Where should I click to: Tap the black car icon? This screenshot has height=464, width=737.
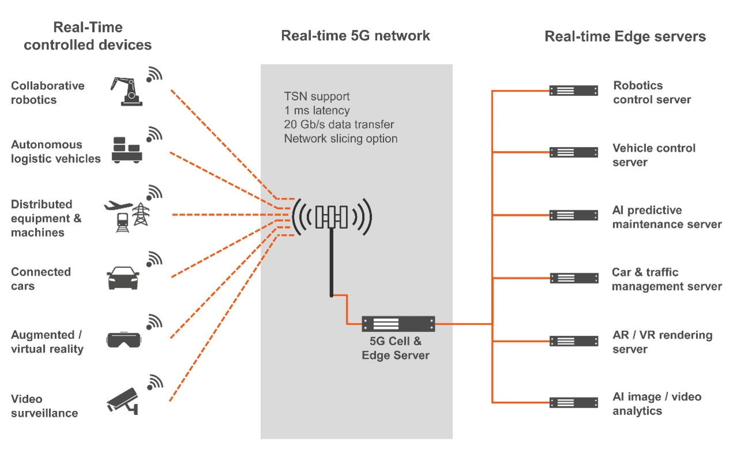click(x=123, y=278)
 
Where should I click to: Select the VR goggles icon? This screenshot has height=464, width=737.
click(x=124, y=340)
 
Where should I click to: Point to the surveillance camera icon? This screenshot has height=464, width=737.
click(x=123, y=400)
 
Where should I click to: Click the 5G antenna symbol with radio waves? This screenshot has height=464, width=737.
click(x=332, y=217)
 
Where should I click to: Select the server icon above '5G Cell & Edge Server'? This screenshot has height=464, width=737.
click(x=398, y=324)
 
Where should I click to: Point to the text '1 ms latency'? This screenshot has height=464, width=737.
click(x=317, y=110)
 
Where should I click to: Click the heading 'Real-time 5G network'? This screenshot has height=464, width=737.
click(x=355, y=36)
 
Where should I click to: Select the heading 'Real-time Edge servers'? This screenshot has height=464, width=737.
click(x=625, y=37)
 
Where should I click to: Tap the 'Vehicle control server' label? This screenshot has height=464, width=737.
click(x=654, y=155)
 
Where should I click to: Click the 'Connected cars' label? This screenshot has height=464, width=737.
click(x=41, y=279)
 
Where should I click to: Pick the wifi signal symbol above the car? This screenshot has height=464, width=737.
click(x=154, y=259)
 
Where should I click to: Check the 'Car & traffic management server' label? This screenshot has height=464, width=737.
click(x=666, y=280)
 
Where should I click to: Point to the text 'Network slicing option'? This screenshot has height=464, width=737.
click(x=341, y=139)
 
